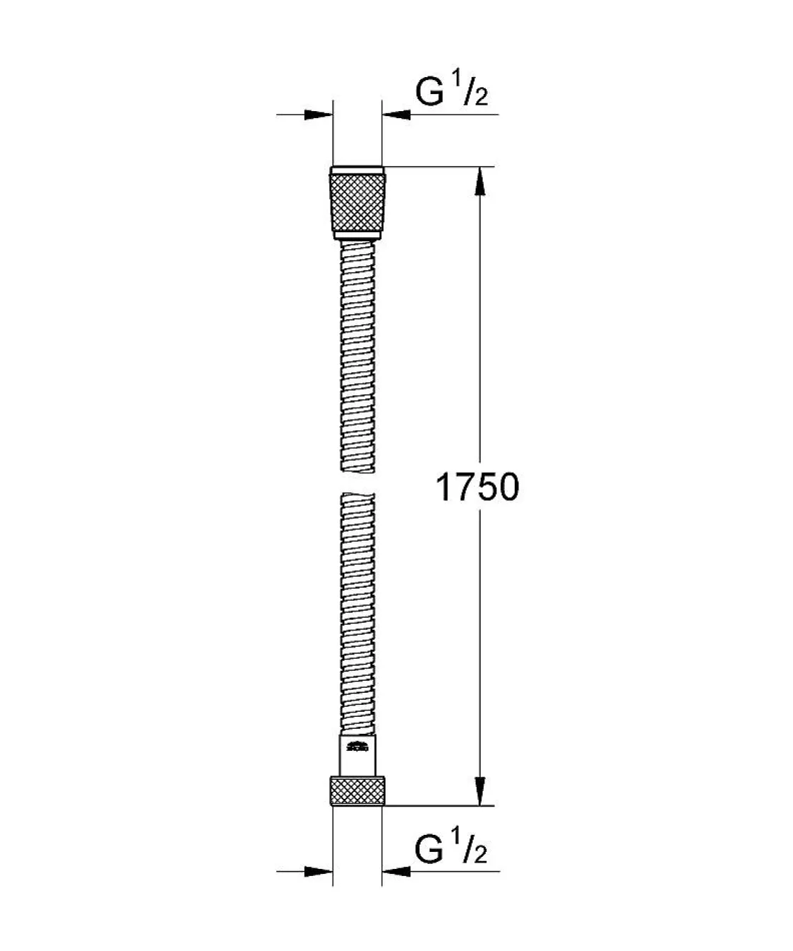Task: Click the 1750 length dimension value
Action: (478, 488)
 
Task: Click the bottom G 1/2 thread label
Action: (451, 849)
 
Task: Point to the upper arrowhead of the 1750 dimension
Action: (481, 183)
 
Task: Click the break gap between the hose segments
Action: (358, 483)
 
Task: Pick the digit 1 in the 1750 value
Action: (444, 488)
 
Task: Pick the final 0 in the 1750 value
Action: (507, 488)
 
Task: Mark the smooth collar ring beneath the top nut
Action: (358, 236)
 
